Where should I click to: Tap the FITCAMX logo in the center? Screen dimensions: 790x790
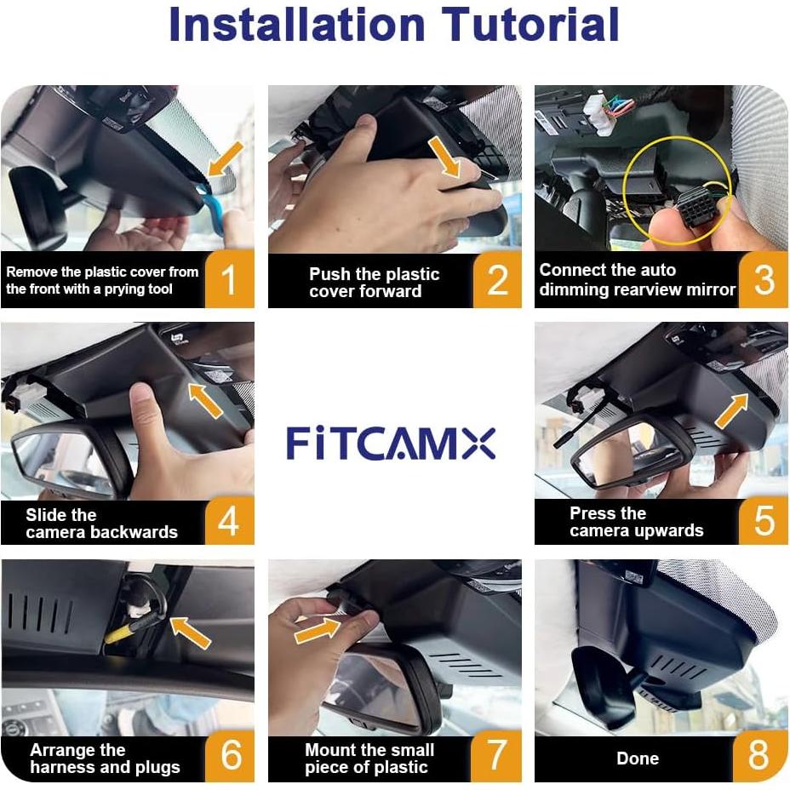[391, 444]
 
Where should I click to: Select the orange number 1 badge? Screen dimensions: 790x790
[228, 280]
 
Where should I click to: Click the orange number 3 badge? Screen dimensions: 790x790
[764, 278]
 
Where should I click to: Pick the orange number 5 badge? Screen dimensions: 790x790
[764, 519]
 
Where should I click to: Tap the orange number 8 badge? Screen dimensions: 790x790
[758, 756]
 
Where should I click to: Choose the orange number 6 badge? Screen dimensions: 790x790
[230, 756]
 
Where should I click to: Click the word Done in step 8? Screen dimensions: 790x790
[637, 759]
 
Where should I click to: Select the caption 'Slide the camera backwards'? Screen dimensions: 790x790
[101, 524]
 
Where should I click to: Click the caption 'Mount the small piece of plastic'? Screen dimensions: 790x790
[369, 759]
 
